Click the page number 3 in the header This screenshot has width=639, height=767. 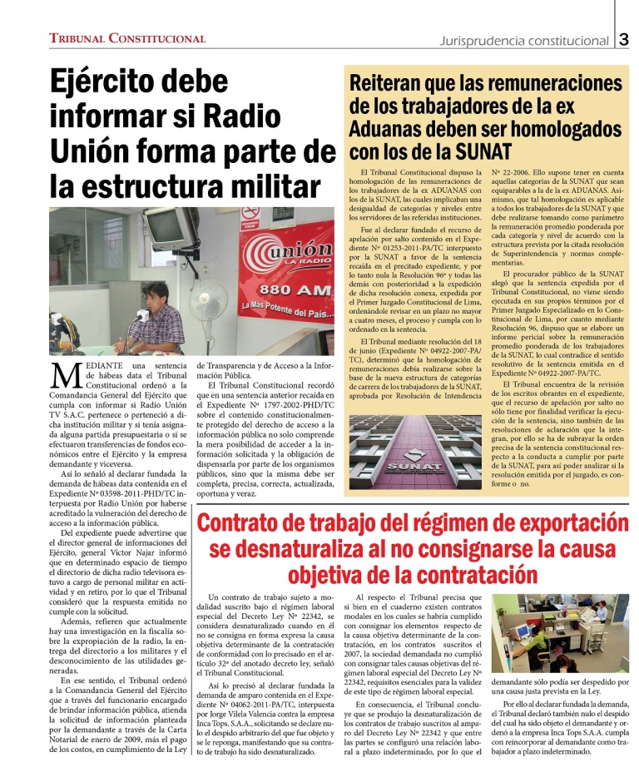(624, 39)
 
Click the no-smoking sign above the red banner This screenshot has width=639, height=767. (250, 217)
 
